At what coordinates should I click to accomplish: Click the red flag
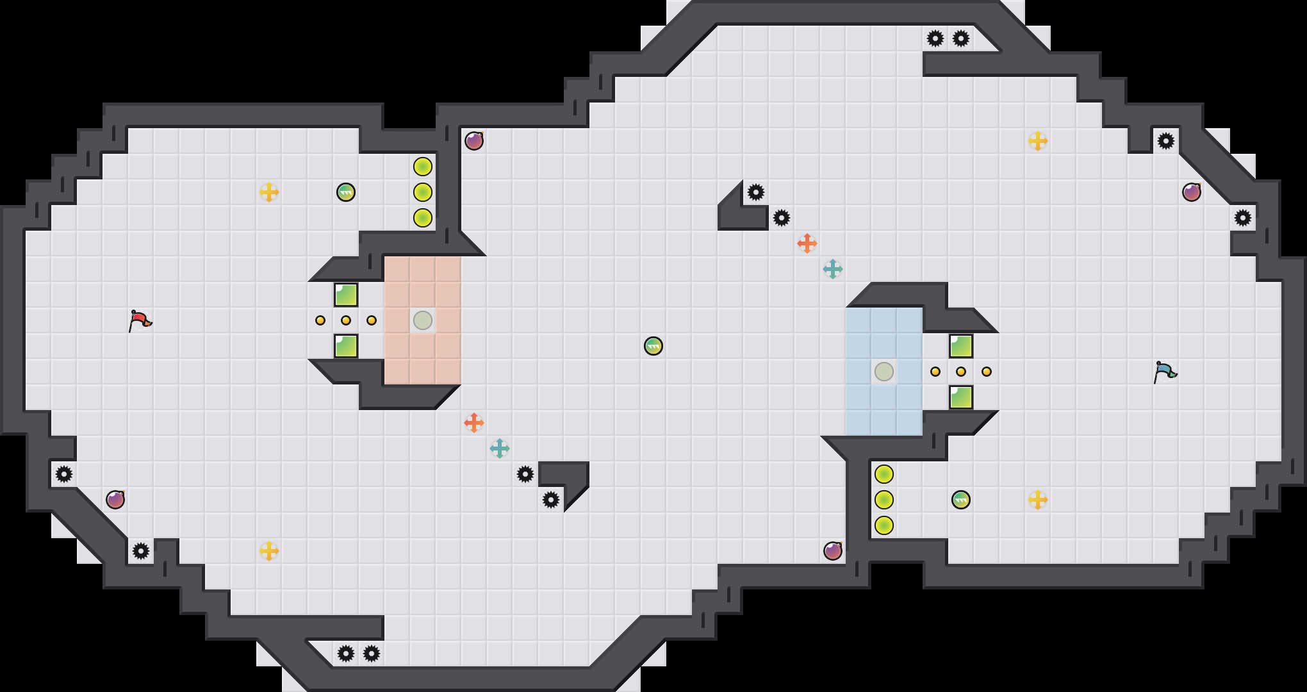tap(140, 320)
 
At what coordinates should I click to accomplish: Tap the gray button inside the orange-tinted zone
tap(423, 320)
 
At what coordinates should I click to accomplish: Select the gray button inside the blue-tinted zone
tap(884, 372)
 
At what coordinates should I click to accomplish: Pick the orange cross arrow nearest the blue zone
tap(807, 243)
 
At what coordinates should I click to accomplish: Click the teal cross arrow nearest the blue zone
tap(833, 269)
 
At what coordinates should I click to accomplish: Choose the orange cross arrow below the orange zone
tap(474, 423)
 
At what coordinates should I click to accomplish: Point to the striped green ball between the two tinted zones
tap(653, 346)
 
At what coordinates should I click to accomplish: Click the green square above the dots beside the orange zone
tap(346, 295)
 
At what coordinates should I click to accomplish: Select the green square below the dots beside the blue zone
tap(961, 397)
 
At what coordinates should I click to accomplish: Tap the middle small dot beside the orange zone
tap(346, 320)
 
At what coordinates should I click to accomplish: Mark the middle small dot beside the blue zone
tap(961, 372)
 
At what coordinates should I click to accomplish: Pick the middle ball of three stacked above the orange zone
tap(423, 192)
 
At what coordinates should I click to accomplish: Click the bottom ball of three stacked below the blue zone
tap(884, 525)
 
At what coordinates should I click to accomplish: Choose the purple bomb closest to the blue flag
tap(1192, 192)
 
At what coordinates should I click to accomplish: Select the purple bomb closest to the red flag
tap(115, 500)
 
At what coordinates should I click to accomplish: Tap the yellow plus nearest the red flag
tap(269, 192)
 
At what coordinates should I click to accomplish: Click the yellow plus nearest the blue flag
tap(1038, 500)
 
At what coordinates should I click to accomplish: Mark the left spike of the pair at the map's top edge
tap(935, 38)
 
